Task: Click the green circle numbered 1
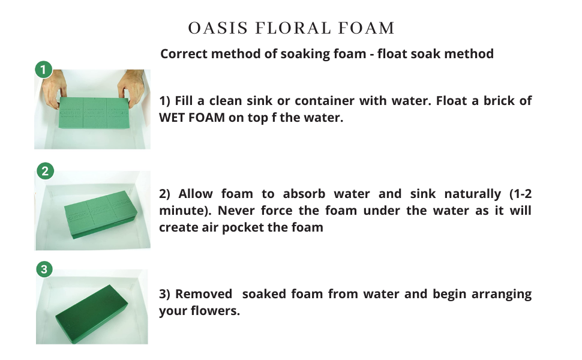[x=43, y=70]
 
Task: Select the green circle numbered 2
[x=44, y=171]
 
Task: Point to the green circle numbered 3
[x=44, y=269]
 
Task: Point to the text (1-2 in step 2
[x=518, y=194]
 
